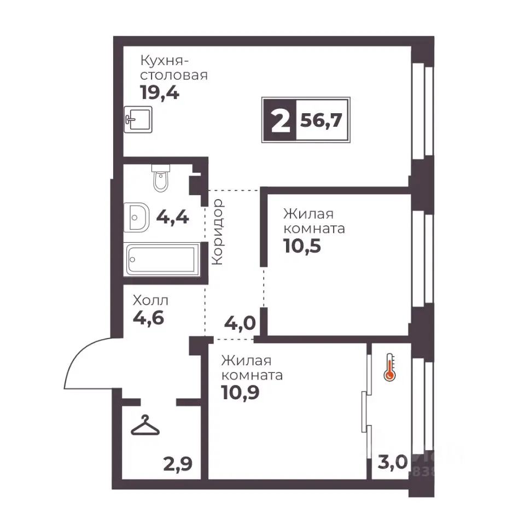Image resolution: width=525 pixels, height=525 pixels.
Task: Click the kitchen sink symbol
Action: pyautogui.click(x=138, y=119)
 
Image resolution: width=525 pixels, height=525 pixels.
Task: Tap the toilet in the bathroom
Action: pyautogui.click(x=161, y=178)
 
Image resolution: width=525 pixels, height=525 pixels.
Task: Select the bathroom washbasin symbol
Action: pyautogui.click(x=136, y=217)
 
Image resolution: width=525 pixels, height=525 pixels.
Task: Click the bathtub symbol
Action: pyautogui.click(x=161, y=259)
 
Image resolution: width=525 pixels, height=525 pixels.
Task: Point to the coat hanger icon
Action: pyautogui.click(x=145, y=425)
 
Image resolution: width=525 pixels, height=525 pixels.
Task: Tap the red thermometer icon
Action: pyautogui.click(x=390, y=367)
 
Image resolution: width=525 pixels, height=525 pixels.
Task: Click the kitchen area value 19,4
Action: pyautogui.click(x=160, y=92)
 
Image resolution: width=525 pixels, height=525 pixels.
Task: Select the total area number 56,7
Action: pyautogui.click(x=321, y=120)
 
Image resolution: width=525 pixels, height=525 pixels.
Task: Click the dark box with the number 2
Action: pyautogui.click(x=280, y=120)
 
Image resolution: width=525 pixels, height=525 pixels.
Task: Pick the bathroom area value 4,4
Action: pyautogui.click(x=173, y=218)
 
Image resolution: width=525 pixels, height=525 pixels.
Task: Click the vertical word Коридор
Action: pyautogui.click(x=218, y=232)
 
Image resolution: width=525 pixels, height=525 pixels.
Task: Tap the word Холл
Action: pyautogui.click(x=150, y=301)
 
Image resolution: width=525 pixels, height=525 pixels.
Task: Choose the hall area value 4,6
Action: pyautogui.click(x=149, y=318)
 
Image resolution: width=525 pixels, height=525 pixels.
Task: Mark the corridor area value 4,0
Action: pyautogui.click(x=240, y=323)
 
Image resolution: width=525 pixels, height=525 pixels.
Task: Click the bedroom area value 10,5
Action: pyautogui.click(x=302, y=246)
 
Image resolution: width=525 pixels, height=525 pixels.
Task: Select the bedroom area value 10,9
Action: pyautogui.click(x=240, y=393)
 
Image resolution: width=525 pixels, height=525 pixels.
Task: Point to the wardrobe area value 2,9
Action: pyautogui.click(x=178, y=464)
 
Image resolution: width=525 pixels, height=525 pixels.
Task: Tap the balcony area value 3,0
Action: pyautogui.click(x=393, y=463)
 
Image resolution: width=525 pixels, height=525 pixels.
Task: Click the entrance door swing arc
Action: pyautogui.click(x=79, y=355)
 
